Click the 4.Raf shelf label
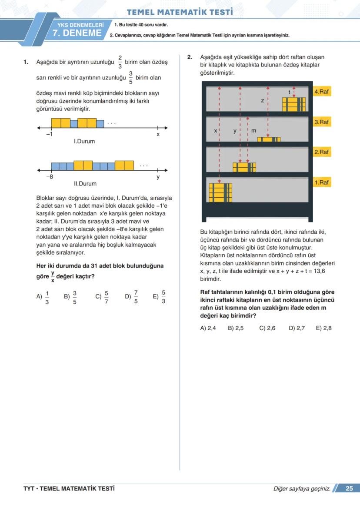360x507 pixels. pyautogui.click(x=322, y=92)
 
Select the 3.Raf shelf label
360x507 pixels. pyautogui.click(x=322, y=123)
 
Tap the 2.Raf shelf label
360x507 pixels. pyautogui.click(x=322, y=152)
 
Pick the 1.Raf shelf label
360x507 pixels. pyautogui.click(x=322, y=182)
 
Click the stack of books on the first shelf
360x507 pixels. pyautogui.click(x=220, y=192)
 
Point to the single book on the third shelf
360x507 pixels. pyautogui.click(x=269, y=139)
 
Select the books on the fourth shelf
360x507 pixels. pyautogui.click(x=294, y=104)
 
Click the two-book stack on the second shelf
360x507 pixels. pyautogui.click(x=244, y=167)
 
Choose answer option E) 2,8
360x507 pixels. pyautogui.click(x=323, y=328)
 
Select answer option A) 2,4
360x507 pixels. pyautogui.click(x=208, y=328)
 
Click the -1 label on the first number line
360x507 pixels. pyautogui.click(x=50, y=135)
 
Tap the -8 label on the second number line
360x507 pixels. pyautogui.click(x=50, y=177)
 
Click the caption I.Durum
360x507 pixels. pyautogui.click(x=84, y=142)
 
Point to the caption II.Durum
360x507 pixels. pyautogui.click(x=85, y=184)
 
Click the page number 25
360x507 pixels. pyautogui.click(x=349, y=488)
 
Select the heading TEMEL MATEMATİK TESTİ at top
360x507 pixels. pyautogui.click(x=180, y=12)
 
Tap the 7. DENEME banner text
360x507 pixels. pyautogui.click(x=77, y=33)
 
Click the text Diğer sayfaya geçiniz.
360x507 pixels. pyautogui.click(x=302, y=489)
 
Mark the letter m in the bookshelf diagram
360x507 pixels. pyautogui.click(x=254, y=130)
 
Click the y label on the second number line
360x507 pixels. pyautogui.click(x=158, y=177)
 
